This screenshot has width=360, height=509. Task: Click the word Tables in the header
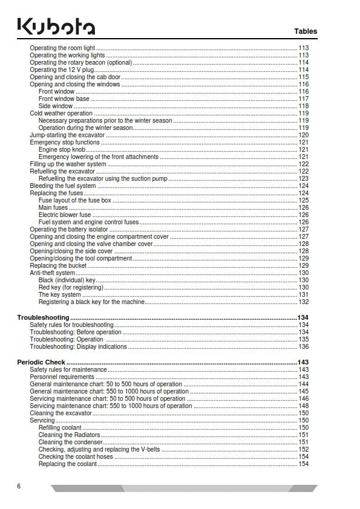pos(305,31)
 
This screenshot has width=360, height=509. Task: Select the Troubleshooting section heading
pos(43,317)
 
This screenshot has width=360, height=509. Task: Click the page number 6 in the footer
pos(19,486)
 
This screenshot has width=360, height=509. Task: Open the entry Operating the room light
pos(62,47)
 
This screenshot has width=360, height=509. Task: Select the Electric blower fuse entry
pos(65,215)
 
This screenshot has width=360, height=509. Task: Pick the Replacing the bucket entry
pos(58,265)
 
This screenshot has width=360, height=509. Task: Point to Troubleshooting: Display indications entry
pos(78,347)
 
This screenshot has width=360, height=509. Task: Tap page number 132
pos(303,302)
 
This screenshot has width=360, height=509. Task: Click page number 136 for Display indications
pos(303,347)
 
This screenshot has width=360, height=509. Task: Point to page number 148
pos(303,406)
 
